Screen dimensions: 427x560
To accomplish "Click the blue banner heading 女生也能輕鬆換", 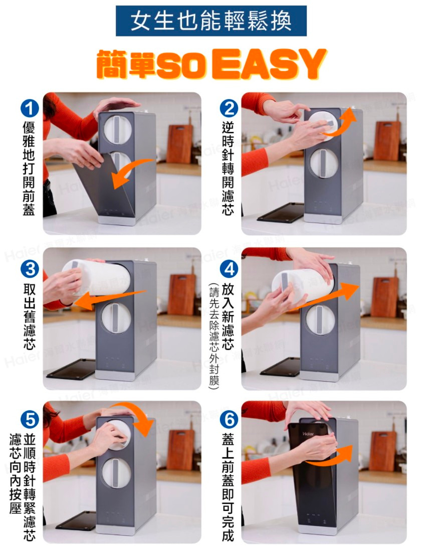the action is (211, 21).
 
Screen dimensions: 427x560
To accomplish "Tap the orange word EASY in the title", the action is (269, 64).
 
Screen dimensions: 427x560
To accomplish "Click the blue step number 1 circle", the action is (30, 108).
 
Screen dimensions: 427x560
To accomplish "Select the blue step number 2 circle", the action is (229, 109).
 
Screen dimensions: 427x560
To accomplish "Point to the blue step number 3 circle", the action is (30, 269).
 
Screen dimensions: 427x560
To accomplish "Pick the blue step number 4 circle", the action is (229, 269).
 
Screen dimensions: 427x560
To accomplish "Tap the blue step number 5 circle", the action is (30, 419).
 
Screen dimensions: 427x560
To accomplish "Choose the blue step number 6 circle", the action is (229, 419).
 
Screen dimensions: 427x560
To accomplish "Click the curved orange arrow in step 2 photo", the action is (340, 126).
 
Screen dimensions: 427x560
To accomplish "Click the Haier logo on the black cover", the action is (308, 434).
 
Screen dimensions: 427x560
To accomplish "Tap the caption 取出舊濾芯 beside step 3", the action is (29, 317).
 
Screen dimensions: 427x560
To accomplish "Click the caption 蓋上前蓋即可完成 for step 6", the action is (229, 487).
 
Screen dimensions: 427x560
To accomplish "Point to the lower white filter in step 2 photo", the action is (323, 163).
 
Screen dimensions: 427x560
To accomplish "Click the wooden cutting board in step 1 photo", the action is (180, 143).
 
